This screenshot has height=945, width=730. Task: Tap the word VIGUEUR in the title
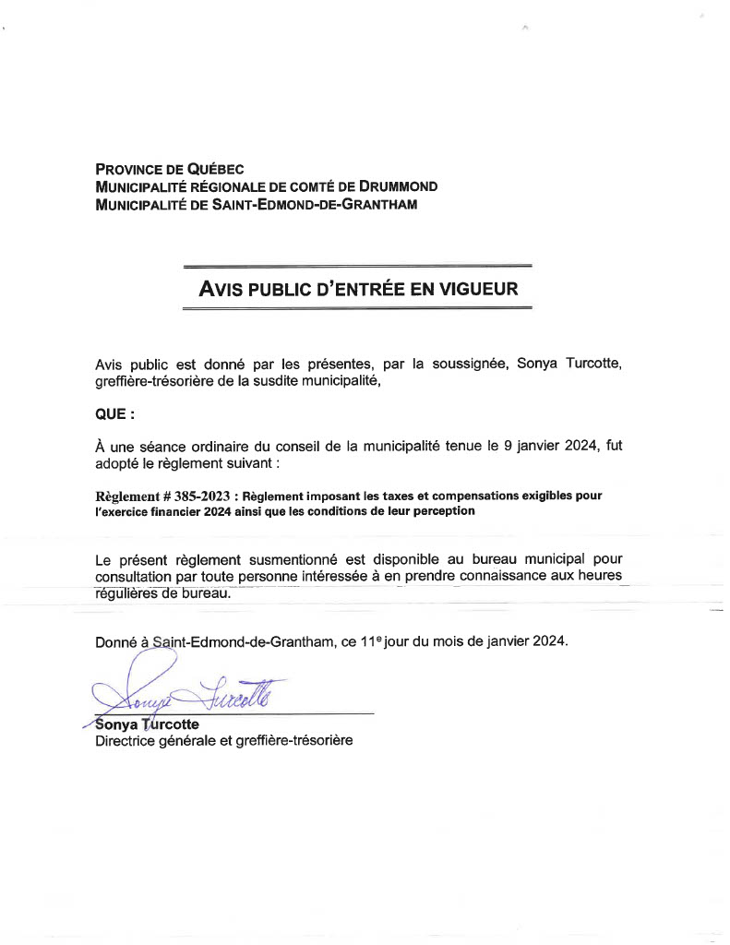[477, 289]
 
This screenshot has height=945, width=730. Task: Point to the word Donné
[116, 641]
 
